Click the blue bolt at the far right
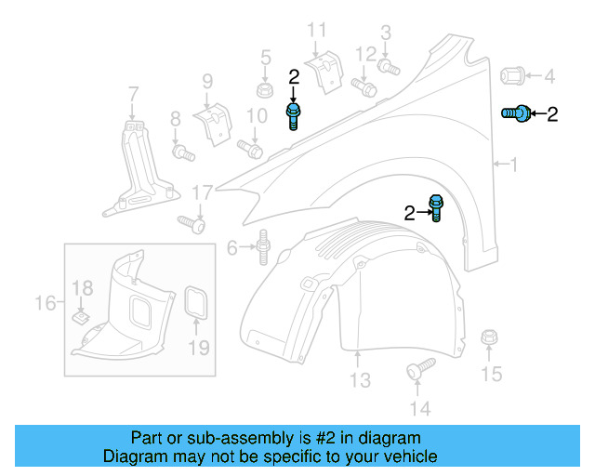[x=516, y=113]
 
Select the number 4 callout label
[x=549, y=75]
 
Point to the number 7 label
[x=133, y=93]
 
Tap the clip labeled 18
[x=83, y=317]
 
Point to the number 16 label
[x=45, y=302]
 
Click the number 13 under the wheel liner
[x=360, y=380]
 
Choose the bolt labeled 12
[x=365, y=89]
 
